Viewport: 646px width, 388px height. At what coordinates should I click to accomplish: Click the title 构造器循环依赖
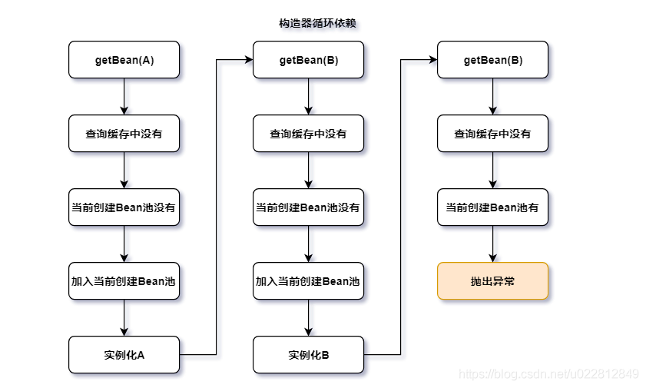[x=317, y=24]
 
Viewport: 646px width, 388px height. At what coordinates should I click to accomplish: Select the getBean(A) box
[x=124, y=60]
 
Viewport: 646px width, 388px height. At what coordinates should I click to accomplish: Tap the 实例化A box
[x=124, y=355]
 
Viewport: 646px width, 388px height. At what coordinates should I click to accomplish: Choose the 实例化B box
[x=308, y=355]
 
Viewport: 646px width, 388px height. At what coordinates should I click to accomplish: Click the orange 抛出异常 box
[x=492, y=281]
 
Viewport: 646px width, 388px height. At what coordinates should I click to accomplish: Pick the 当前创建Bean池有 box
[x=492, y=207]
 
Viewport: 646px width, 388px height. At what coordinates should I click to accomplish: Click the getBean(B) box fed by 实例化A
[x=308, y=60]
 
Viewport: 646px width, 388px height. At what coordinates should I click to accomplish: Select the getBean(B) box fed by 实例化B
[x=492, y=60]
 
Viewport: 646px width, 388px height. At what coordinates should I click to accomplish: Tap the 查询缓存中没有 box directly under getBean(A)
[x=124, y=134]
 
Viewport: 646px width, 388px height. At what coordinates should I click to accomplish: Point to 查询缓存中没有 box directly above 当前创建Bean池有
[x=492, y=134]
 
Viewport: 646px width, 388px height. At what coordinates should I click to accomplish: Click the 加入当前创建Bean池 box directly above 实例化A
[x=124, y=281]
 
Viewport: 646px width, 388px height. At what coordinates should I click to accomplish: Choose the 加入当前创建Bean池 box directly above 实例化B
[x=308, y=281]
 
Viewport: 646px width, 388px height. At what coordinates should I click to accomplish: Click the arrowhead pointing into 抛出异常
[x=492, y=258]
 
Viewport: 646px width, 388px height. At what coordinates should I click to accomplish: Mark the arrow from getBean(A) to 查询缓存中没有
[x=124, y=96]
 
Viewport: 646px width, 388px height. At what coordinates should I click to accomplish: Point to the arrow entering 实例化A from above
[x=124, y=317]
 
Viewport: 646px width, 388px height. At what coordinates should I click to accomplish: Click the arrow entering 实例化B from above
[x=308, y=317]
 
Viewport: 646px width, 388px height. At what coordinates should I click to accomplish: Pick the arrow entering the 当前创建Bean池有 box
[x=492, y=170]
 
